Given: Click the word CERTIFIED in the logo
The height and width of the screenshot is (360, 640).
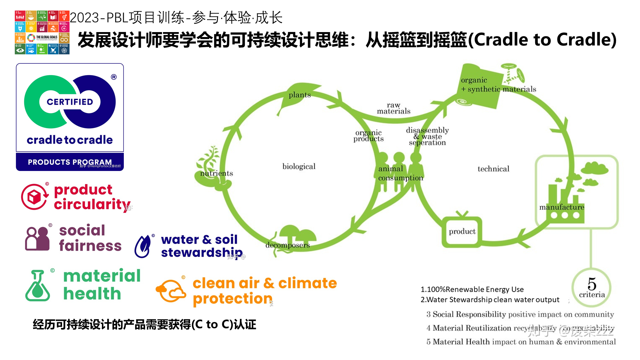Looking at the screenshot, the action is point(70,102).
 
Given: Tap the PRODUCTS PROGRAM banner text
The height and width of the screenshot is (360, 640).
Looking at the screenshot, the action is point(70,162).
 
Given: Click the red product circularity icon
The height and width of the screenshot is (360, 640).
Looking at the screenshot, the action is point(35,197).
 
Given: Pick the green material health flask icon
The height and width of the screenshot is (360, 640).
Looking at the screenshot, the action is point(37,286).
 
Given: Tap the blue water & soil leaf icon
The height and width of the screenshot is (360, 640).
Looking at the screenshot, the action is point(143,246).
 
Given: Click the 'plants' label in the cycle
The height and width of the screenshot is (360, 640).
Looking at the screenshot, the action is point(300,95).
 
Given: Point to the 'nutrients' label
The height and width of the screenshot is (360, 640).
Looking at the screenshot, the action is point(217,173).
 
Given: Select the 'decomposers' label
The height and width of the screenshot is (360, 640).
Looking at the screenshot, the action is point(288,245).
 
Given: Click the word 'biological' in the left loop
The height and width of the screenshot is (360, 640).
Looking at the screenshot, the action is point(299,166).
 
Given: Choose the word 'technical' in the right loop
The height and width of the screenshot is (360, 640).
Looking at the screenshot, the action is point(493,169).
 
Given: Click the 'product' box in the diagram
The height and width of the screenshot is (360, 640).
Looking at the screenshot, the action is point(462,232).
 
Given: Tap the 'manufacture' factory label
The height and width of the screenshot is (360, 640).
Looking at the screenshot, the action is point(562,207).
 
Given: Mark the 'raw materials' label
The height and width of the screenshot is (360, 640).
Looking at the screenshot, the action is point(393,108).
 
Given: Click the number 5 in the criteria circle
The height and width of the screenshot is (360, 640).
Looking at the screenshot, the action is point(592,284).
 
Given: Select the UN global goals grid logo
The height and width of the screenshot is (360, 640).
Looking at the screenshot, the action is point(42,32).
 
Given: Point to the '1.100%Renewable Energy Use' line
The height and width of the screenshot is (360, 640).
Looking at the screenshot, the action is point(472,289).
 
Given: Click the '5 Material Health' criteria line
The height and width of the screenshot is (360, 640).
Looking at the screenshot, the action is point(521,342).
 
